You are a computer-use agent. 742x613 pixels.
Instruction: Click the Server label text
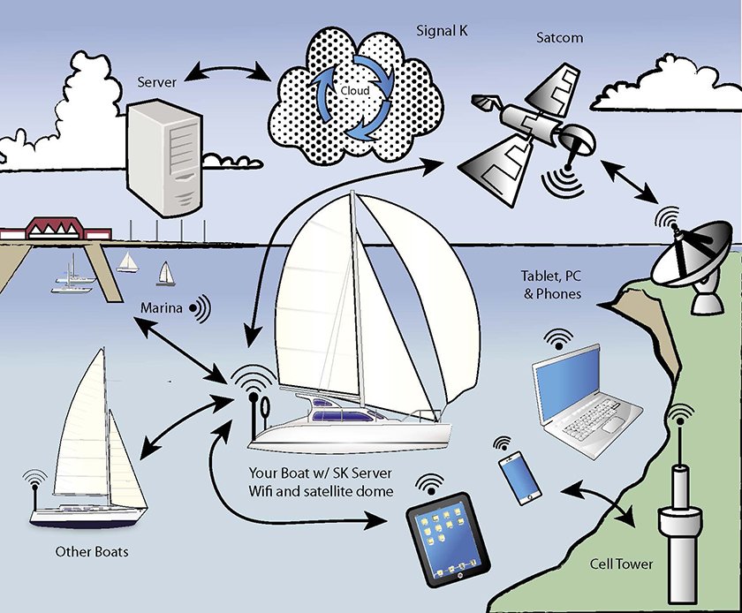tap(158, 82)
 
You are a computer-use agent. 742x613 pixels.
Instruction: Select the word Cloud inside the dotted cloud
tap(355, 91)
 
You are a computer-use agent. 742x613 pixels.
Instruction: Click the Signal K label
tap(443, 32)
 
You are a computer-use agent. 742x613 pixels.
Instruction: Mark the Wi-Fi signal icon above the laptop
tap(557, 338)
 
